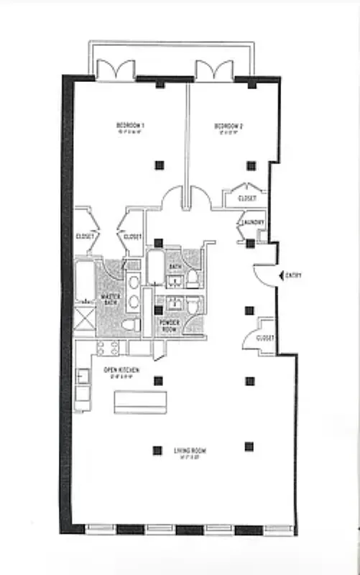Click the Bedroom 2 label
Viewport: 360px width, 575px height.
[x=229, y=127]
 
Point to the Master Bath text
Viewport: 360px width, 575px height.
[x=110, y=299]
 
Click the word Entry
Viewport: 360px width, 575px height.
[x=292, y=275]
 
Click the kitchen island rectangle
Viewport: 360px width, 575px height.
[x=140, y=402]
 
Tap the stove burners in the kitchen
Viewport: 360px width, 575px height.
[x=107, y=348]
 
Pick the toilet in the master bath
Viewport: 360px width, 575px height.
[x=131, y=326]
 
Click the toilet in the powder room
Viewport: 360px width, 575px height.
[x=193, y=307]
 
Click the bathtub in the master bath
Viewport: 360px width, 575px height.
[x=84, y=280]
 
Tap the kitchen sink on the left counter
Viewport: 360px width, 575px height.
[x=83, y=376]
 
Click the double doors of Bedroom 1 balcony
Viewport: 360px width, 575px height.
[x=116, y=70]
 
